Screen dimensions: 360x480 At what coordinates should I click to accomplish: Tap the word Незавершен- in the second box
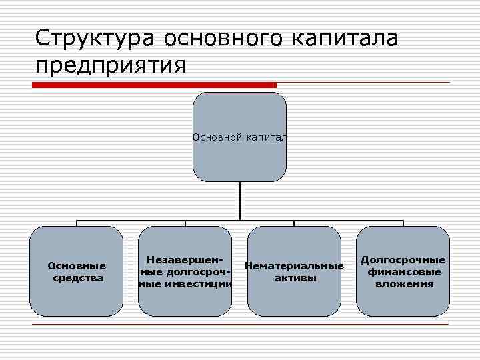[185, 259]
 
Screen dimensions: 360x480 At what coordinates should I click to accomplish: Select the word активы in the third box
[295, 278]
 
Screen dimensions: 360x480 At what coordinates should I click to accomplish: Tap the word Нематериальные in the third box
[294, 266]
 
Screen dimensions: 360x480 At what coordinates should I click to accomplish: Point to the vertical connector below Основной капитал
[240, 201]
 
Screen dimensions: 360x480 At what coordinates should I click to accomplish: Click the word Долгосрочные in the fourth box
[403, 260]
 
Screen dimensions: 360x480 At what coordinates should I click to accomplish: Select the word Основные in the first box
[77, 265]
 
